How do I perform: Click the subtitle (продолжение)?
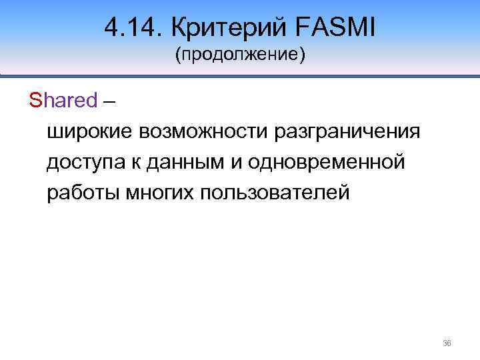point(240,54)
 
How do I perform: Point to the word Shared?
point(63,101)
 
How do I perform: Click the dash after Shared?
point(109,101)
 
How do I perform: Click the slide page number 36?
point(447,344)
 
